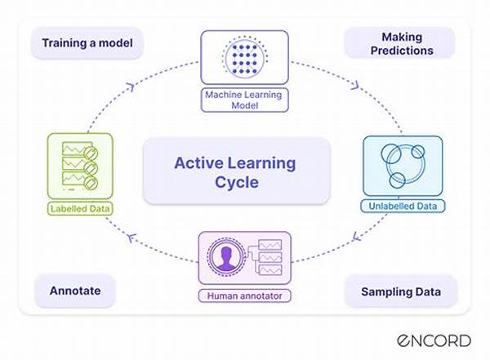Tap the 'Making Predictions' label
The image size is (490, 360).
[400, 42]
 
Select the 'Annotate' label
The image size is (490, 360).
[74, 290]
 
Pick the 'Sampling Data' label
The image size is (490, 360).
[400, 291]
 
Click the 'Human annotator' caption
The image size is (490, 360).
[246, 295]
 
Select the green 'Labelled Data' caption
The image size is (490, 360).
[79, 209]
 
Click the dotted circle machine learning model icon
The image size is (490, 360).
[246, 59]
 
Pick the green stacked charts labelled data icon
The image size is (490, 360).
[80, 167]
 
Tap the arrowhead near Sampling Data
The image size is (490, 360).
[356, 238]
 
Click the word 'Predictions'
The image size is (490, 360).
[400, 49]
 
